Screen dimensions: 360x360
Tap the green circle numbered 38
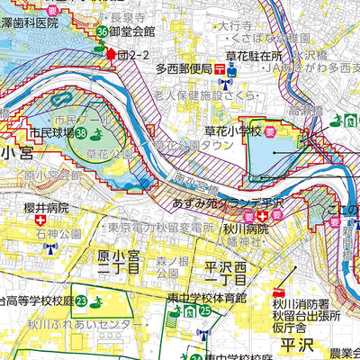point(81,133)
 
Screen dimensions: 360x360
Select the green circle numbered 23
point(81,301)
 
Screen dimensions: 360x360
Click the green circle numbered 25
point(205,310)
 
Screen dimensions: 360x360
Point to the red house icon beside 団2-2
point(112,54)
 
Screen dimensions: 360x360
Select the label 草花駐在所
point(256,55)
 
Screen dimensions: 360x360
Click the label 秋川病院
point(244,228)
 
